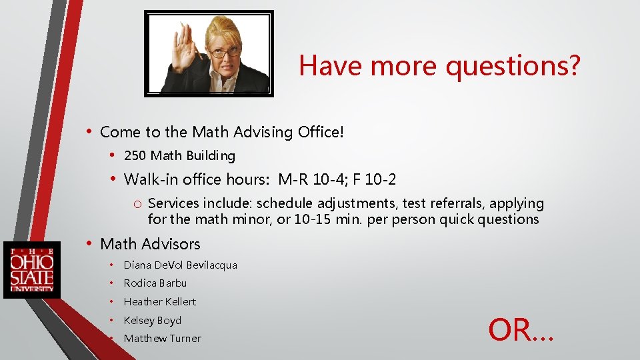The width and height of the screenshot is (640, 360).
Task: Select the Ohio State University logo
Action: point(31,269)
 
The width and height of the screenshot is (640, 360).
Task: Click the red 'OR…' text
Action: point(521,330)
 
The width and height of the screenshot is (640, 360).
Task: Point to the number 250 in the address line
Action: point(135,156)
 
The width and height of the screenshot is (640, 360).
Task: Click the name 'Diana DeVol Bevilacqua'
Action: point(180,265)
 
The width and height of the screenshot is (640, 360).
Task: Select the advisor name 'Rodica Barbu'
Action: point(155,283)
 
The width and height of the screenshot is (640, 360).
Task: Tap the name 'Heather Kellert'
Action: point(160,301)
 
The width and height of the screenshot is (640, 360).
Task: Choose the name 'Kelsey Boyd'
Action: point(152,320)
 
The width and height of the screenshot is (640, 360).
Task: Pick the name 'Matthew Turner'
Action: point(162,339)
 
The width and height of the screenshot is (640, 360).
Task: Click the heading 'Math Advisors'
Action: point(150,244)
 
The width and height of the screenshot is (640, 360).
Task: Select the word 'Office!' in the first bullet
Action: point(321,132)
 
